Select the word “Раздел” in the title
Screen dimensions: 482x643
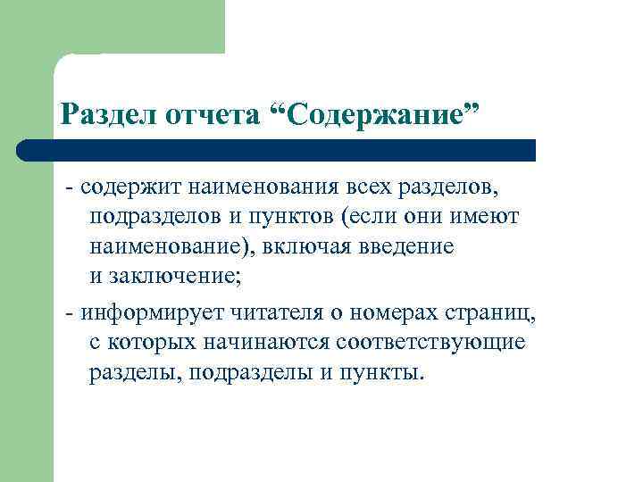[x=108, y=113]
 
